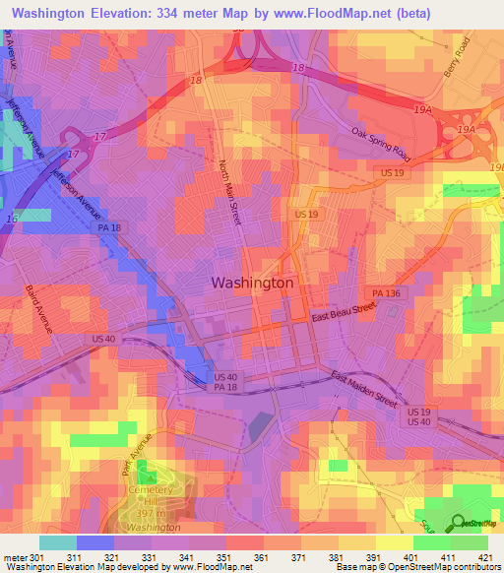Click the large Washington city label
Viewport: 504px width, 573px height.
point(252,283)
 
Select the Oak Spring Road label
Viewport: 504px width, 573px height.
point(381,143)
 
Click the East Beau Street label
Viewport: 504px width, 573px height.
point(345,312)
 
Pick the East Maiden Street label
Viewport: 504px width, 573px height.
point(363,390)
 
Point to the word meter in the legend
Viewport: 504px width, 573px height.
point(14,556)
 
